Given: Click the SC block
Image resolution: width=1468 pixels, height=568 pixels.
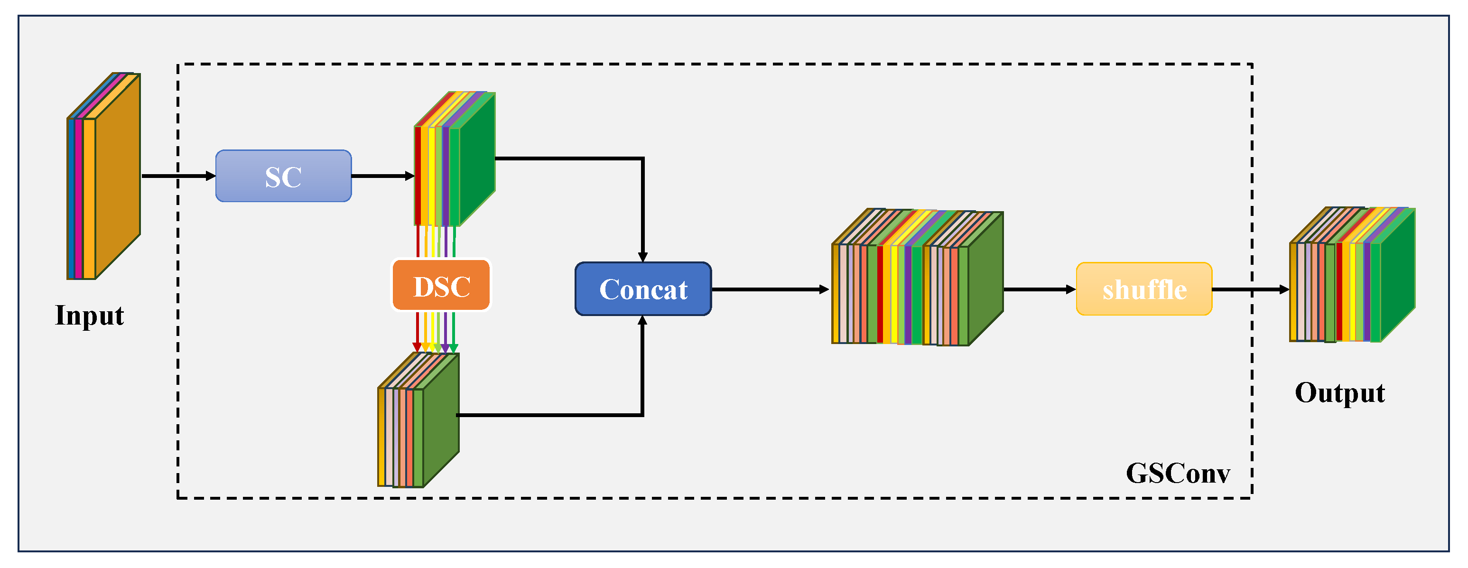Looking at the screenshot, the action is pos(283,176).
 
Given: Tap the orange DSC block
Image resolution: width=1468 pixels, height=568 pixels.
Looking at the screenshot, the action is pos(441,285).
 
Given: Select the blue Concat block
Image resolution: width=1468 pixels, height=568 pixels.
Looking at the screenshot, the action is pos(643,289).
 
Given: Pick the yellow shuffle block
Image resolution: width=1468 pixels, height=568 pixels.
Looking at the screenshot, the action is pos(1144,289).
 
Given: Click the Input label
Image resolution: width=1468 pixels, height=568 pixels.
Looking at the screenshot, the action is pos(90,316).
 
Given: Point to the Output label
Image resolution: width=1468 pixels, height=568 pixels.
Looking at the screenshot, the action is pos(1340,393).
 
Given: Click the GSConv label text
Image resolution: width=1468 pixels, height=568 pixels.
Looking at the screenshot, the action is pos(1178,473).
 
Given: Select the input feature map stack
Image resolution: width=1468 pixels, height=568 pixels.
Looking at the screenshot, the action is pos(104,176).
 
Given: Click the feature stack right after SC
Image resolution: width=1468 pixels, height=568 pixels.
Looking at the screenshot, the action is pos(454,159).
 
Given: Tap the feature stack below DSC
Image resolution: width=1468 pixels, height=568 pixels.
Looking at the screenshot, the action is pos(418,420).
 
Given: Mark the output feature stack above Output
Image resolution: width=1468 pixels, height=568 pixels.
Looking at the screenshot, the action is pos(1352,275).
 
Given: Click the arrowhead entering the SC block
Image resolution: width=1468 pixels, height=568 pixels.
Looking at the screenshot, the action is pos(210,176).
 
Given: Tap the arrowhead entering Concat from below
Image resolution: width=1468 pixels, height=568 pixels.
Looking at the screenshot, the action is pos(643,321).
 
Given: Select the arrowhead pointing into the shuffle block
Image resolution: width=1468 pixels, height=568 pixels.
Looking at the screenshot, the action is pos(1071,289).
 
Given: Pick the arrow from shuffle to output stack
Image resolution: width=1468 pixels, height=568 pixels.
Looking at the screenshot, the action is pos(1251,289).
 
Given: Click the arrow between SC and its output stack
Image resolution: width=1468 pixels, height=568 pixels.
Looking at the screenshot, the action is pos(383,176).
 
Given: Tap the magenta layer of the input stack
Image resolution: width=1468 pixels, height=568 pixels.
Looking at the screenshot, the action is pos(79,198).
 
